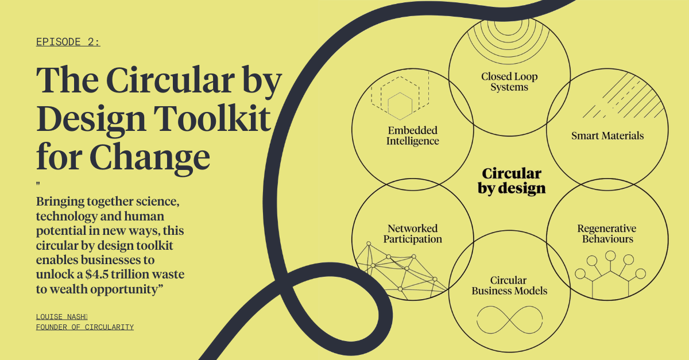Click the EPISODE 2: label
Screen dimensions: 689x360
coord(68,42)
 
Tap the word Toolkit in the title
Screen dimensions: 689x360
coord(212,118)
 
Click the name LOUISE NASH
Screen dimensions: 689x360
coord(61,316)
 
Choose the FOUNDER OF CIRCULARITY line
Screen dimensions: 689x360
coord(85,327)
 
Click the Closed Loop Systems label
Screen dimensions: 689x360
coord(509,82)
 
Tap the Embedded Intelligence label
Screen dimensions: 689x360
coord(413,136)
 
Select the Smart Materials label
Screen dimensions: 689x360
coord(607,136)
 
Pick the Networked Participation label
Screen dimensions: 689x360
coord(412,234)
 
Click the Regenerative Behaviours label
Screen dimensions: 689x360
coord(607,234)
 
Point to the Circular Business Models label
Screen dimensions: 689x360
coord(509,285)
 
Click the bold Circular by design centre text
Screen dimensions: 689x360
coord(512,181)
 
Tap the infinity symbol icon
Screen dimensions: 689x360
coord(510,320)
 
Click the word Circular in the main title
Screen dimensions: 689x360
coord(171,80)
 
